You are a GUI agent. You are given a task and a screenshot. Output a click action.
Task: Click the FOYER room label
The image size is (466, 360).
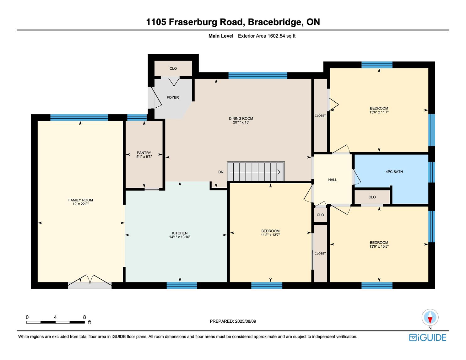click(x=173, y=98)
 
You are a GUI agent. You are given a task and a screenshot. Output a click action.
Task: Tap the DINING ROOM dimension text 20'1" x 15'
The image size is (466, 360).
click(x=241, y=122)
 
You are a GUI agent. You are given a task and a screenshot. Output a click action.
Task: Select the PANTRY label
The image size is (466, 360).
click(x=144, y=153)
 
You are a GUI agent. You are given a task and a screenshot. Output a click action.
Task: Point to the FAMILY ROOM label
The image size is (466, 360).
click(x=80, y=200)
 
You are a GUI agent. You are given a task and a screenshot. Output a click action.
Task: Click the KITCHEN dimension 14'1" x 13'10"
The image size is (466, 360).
click(x=180, y=237)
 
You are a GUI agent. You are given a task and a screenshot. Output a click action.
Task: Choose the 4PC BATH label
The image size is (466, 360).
click(x=394, y=172)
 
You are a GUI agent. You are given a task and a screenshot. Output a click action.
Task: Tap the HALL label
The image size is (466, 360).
click(x=333, y=180)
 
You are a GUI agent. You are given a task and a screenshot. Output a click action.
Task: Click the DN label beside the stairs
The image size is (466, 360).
click(x=221, y=172)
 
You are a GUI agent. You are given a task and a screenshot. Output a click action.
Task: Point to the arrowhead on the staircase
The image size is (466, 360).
click(x=279, y=172)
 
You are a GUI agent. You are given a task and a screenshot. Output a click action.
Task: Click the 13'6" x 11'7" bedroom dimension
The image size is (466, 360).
click(x=379, y=112)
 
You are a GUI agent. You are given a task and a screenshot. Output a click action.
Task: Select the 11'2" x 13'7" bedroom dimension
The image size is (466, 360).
click(x=270, y=235)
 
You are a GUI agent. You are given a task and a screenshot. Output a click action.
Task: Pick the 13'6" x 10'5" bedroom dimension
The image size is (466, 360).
click(x=379, y=246)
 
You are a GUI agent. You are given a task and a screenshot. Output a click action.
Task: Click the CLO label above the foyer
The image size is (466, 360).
click(x=173, y=68)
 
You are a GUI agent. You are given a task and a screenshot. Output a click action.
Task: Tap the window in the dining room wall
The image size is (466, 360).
click(x=257, y=76)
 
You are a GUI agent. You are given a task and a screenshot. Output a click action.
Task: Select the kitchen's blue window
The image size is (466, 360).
click(x=182, y=285)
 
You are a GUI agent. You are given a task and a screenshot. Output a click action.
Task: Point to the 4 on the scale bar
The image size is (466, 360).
click(x=55, y=317)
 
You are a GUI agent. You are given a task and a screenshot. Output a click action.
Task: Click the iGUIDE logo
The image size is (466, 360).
click(x=428, y=337)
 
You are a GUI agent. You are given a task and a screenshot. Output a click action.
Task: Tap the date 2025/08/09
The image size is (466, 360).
click(x=245, y=321)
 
